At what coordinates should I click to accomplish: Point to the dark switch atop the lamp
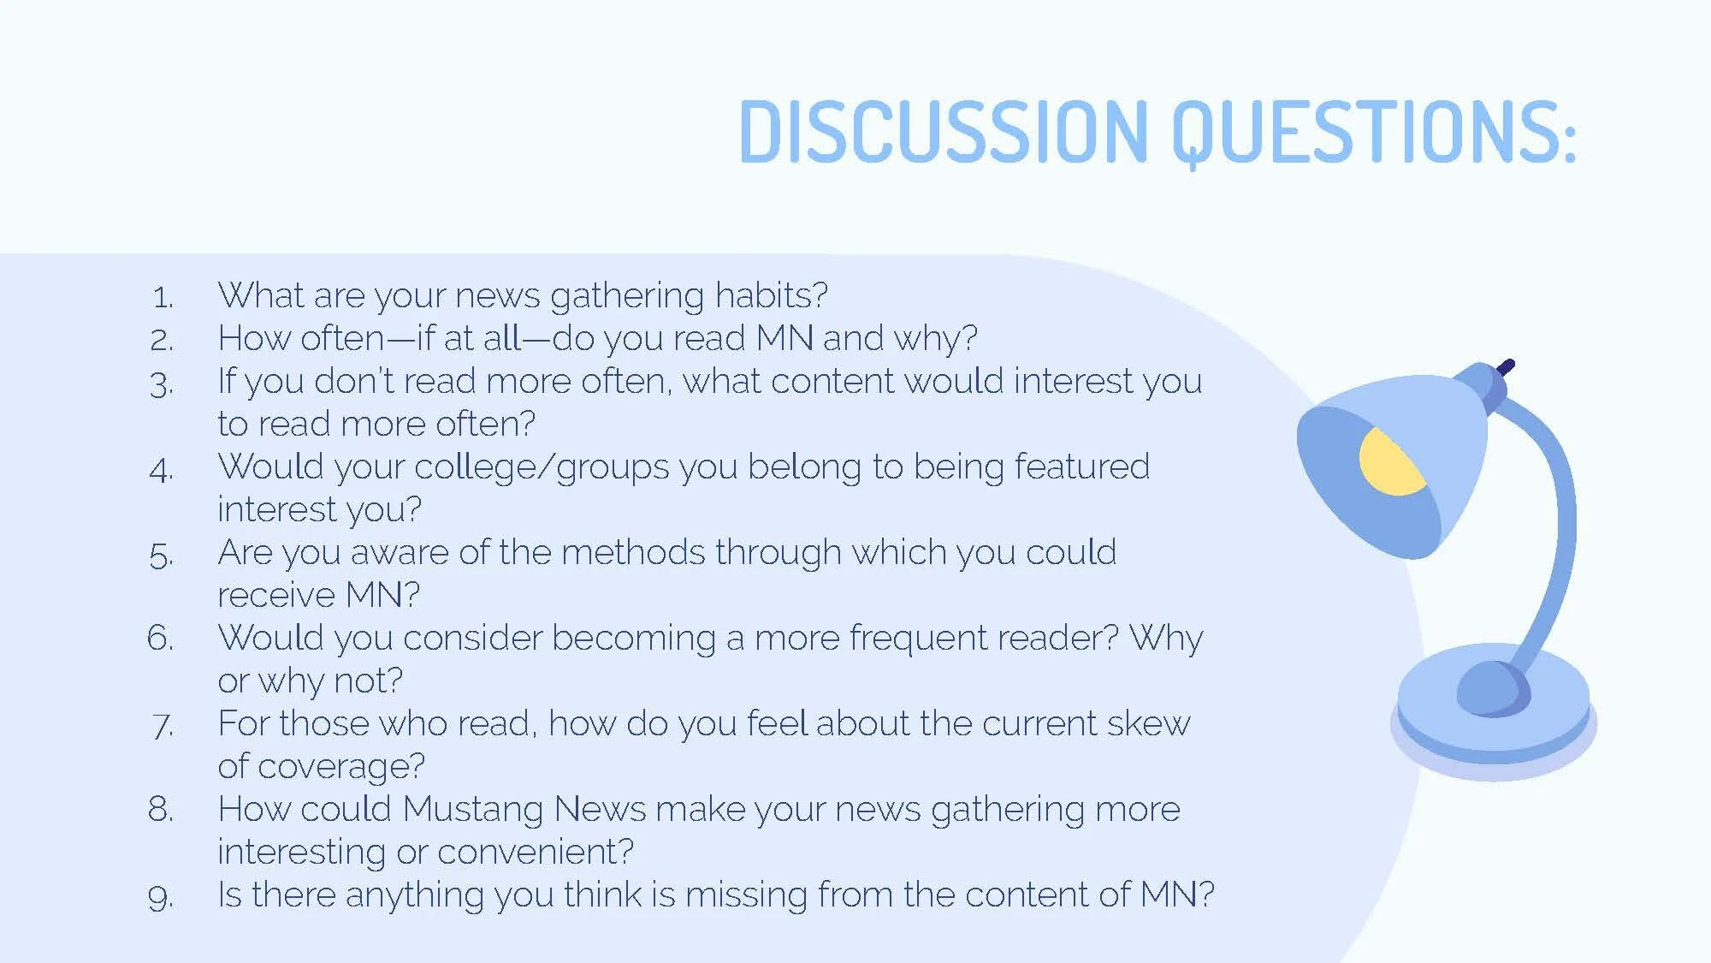(1506, 367)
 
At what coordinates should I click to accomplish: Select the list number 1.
(163, 297)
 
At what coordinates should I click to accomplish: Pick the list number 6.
(161, 638)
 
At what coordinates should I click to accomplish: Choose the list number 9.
(161, 896)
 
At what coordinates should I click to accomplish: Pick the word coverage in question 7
(340, 767)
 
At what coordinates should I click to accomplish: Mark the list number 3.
(162, 383)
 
